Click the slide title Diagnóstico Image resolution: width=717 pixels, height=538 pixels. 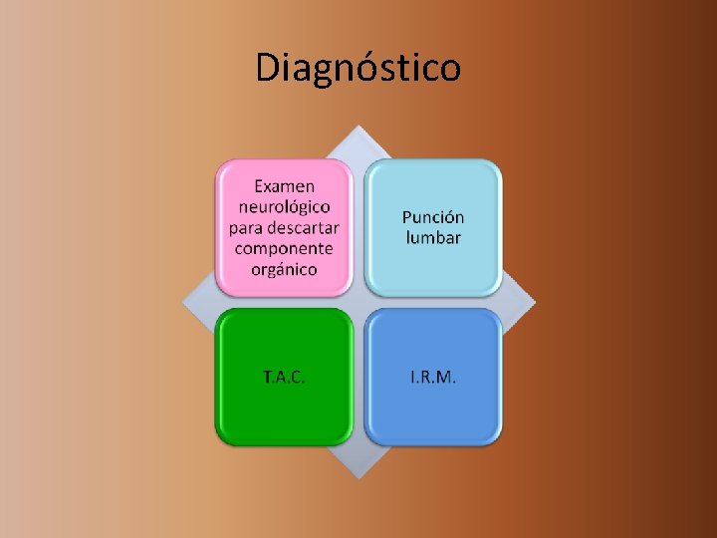(x=358, y=68)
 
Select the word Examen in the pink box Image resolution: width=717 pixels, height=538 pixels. (x=284, y=185)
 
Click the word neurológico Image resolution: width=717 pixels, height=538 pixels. (x=284, y=206)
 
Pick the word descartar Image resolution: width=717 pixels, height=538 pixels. (x=303, y=227)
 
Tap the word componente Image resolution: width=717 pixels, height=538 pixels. (x=284, y=248)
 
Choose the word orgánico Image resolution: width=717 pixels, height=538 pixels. (x=284, y=269)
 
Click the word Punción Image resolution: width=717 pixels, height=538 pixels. (x=433, y=217)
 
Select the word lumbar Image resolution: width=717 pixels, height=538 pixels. (x=433, y=238)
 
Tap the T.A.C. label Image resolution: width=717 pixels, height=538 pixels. (x=284, y=378)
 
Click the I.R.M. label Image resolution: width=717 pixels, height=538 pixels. (x=433, y=378)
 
